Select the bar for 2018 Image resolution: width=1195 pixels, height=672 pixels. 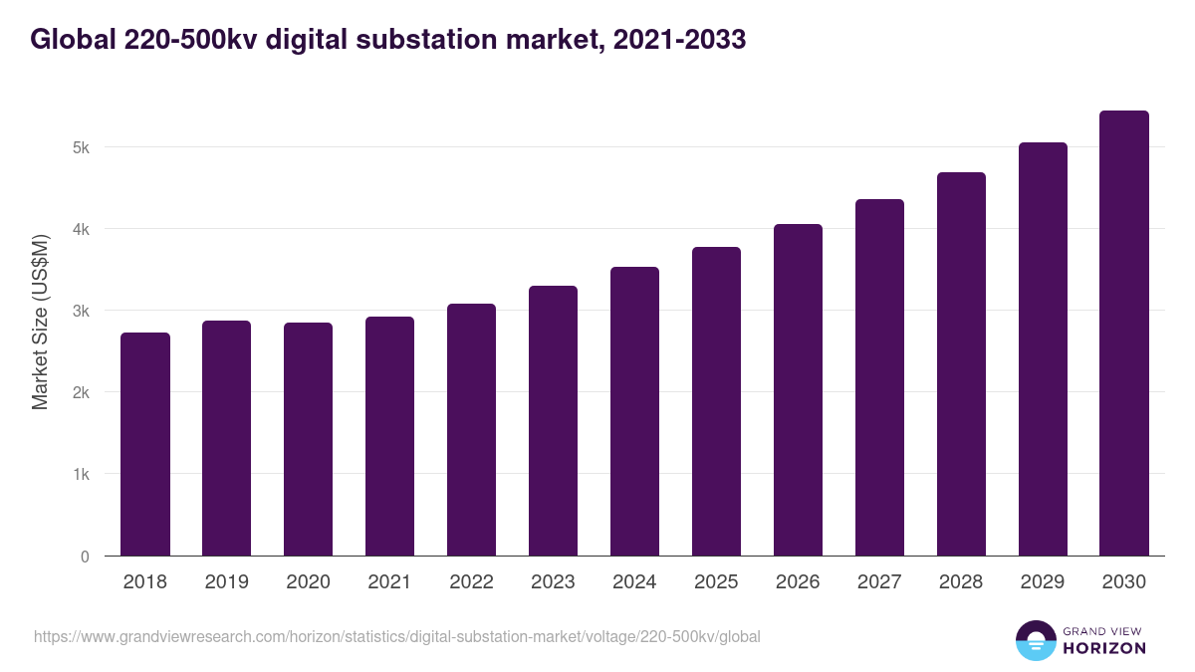tap(145, 444)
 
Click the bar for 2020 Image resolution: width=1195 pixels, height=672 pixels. tap(309, 439)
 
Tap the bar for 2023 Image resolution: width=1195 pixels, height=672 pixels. tap(553, 420)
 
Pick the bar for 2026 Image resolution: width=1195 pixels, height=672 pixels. tap(798, 389)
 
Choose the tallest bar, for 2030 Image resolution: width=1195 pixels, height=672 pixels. tap(1124, 333)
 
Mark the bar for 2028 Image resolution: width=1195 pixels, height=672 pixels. tap(961, 363)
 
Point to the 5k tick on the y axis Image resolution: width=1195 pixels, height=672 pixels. tap(81, 147)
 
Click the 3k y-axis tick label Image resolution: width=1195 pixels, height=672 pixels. tap(81, 311)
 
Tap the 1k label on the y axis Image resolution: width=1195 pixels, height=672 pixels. tap(81, 474)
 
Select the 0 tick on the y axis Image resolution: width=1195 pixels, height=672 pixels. tap(85, 557)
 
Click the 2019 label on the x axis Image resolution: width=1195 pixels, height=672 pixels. tap(227, 582)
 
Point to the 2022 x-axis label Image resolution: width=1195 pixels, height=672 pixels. tap(472, 582)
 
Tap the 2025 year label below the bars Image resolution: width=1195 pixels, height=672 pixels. tap(717, 582)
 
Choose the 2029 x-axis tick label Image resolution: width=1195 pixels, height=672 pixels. tap(1043, 582)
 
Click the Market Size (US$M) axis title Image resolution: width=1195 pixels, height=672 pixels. tap(40, 322)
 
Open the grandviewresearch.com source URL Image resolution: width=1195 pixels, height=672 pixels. tap(398, 636)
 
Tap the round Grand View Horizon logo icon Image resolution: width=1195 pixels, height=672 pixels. tap(1035, 640)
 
